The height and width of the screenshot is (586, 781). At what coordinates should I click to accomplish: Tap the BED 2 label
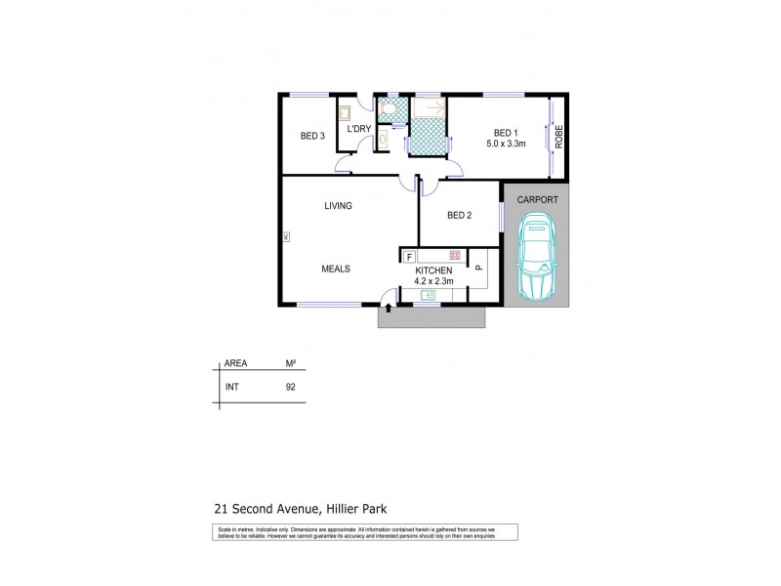click(459, 216)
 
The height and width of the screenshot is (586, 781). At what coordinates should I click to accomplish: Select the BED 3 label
click(311, 137)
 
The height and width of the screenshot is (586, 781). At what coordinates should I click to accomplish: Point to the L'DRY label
click(358, 128)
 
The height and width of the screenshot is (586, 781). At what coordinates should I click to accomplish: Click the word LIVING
click(339, 206)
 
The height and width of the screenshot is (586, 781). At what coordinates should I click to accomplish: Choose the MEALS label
click(338, 269)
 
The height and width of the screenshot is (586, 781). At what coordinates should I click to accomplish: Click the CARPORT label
click(538, 199)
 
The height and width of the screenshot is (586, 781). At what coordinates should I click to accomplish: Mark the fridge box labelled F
click(409, 256)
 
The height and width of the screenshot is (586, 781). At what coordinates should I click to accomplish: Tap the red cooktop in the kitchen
click(455, 255)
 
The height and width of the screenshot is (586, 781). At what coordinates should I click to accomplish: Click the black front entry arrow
click(390, 309)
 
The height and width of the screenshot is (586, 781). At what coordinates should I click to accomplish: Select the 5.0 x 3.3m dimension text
click(507, 145)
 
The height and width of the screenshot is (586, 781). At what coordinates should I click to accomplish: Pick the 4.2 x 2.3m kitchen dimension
click(434, 280)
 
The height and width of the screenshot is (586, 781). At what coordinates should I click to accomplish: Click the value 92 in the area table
click(290, 387)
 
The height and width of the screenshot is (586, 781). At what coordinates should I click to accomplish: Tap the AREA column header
click(235, 363)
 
